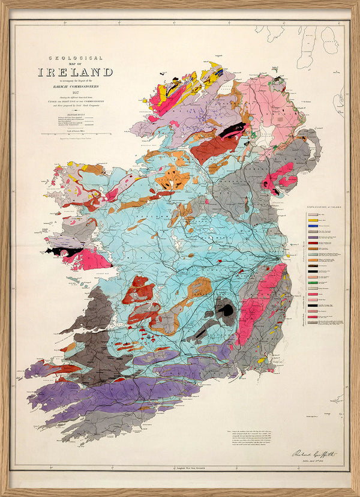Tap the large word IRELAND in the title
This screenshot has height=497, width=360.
[76, 72]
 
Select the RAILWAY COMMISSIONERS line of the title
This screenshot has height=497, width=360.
[76, 86]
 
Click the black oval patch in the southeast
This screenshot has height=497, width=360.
[226, 310]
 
